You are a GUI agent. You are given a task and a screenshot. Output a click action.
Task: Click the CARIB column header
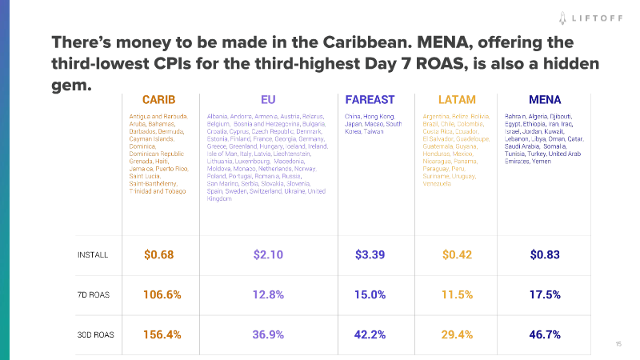[x=158, y=100]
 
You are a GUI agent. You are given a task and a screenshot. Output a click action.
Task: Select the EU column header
[x=267, y=100]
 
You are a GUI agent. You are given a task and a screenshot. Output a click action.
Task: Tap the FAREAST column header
[x=370, y=100]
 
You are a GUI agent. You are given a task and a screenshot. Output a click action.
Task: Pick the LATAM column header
[x=457, y=100]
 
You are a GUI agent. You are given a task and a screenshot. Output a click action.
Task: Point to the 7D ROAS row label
[x=93, y=294]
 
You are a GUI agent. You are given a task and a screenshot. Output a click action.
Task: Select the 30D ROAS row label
[x=94, y=334]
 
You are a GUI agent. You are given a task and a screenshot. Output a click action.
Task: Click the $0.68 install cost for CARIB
[x=158, y=255]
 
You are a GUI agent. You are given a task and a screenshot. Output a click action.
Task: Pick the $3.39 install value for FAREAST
[x=370, y=255]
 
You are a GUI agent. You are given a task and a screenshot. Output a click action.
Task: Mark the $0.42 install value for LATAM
[x=457, y=255]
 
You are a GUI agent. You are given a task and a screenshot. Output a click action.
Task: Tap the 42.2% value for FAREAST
[x=370, y=334]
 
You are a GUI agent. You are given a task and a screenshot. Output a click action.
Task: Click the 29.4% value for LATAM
[x=457, y=334]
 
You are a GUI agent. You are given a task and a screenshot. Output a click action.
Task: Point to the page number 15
[x=618, y=344]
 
